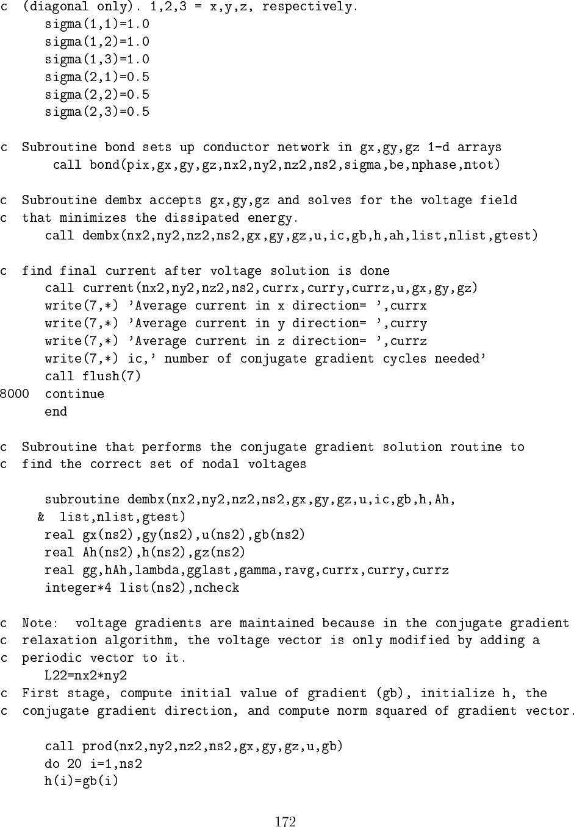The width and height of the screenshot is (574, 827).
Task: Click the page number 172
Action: pyautogui.click(x=285, y=821)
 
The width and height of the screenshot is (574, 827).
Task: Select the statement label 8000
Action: pyautogui.click(x=14, y=394)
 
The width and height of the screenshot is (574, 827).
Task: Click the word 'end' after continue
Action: pyautogui.click(x=56, y=411)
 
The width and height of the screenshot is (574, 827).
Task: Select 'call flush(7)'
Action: pyautogui.click(x=93, y=376)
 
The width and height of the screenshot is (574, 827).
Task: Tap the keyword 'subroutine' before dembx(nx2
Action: pyautogui.click(x=82, y=500)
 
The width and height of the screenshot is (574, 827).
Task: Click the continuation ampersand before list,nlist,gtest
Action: pyautogui.click(x=41, y=517)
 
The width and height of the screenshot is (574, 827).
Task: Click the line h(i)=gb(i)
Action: pyautogui.click(x=81, y=781)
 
